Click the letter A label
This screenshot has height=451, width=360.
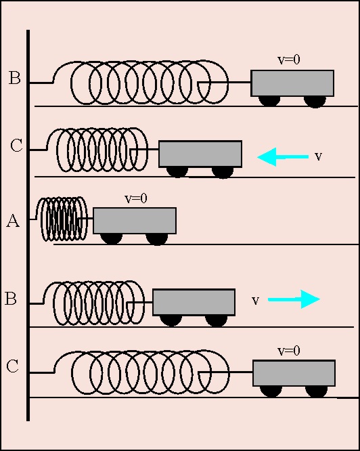(x=13, y=221)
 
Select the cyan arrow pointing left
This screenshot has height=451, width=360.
(x=283, y=156)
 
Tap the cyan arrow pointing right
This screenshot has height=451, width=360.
(x=294, y=299)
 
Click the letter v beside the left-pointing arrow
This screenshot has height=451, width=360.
(x=318, y=156)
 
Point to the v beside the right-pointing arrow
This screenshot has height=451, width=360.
(x=255, y=301)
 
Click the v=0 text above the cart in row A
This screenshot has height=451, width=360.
(x=136, y=198)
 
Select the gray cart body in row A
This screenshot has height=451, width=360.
(x=135, y=220)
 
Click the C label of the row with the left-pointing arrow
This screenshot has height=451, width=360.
(x=16, y=145)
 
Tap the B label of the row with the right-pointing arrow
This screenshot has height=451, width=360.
(x=11, y=298)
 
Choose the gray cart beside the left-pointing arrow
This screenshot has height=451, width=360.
(x=200, y=154)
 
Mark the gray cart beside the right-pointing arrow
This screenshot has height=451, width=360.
(x=194, y=302)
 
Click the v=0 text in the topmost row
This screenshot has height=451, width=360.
(x=289, y=60)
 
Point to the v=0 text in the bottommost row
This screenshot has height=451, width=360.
(x=289, y=351)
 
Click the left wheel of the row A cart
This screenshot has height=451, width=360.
(x=112, y=238)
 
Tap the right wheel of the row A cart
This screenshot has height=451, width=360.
(x=157, y=239)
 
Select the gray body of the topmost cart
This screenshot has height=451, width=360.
(x=292, y=83)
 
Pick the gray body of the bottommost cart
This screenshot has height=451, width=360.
(x=294, y=373)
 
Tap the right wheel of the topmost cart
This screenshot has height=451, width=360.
(x=315, y=102)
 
